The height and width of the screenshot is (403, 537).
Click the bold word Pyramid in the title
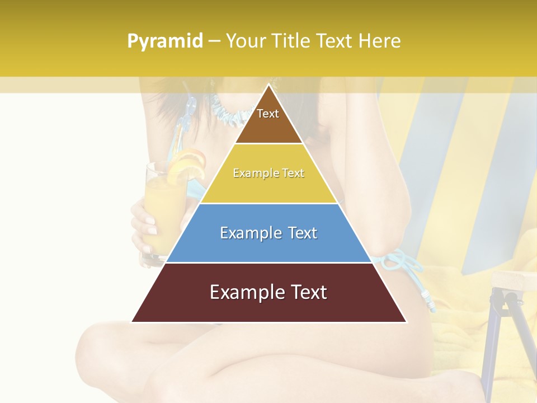(165, 41)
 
